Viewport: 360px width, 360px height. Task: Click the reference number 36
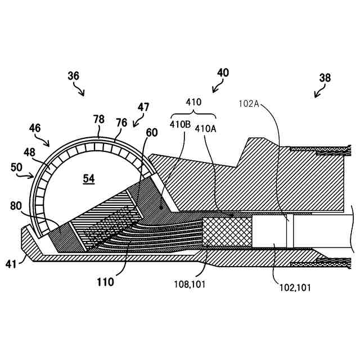[x=73, y=75]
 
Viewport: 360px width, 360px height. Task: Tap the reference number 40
[x=223, y=73]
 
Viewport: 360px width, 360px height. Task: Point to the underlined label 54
[x=89, y=178]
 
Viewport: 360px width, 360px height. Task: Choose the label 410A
[x=204, y=127]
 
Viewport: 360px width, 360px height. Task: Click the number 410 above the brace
[x=193, y=103]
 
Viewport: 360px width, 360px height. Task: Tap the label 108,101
[x=190, y=285]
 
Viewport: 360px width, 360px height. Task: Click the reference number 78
[x=99, y=119]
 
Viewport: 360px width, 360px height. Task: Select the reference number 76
[x=121, y=122]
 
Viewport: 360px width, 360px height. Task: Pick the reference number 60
[x=151, y=132]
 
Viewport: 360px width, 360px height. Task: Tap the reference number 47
[x=143, y=107]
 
